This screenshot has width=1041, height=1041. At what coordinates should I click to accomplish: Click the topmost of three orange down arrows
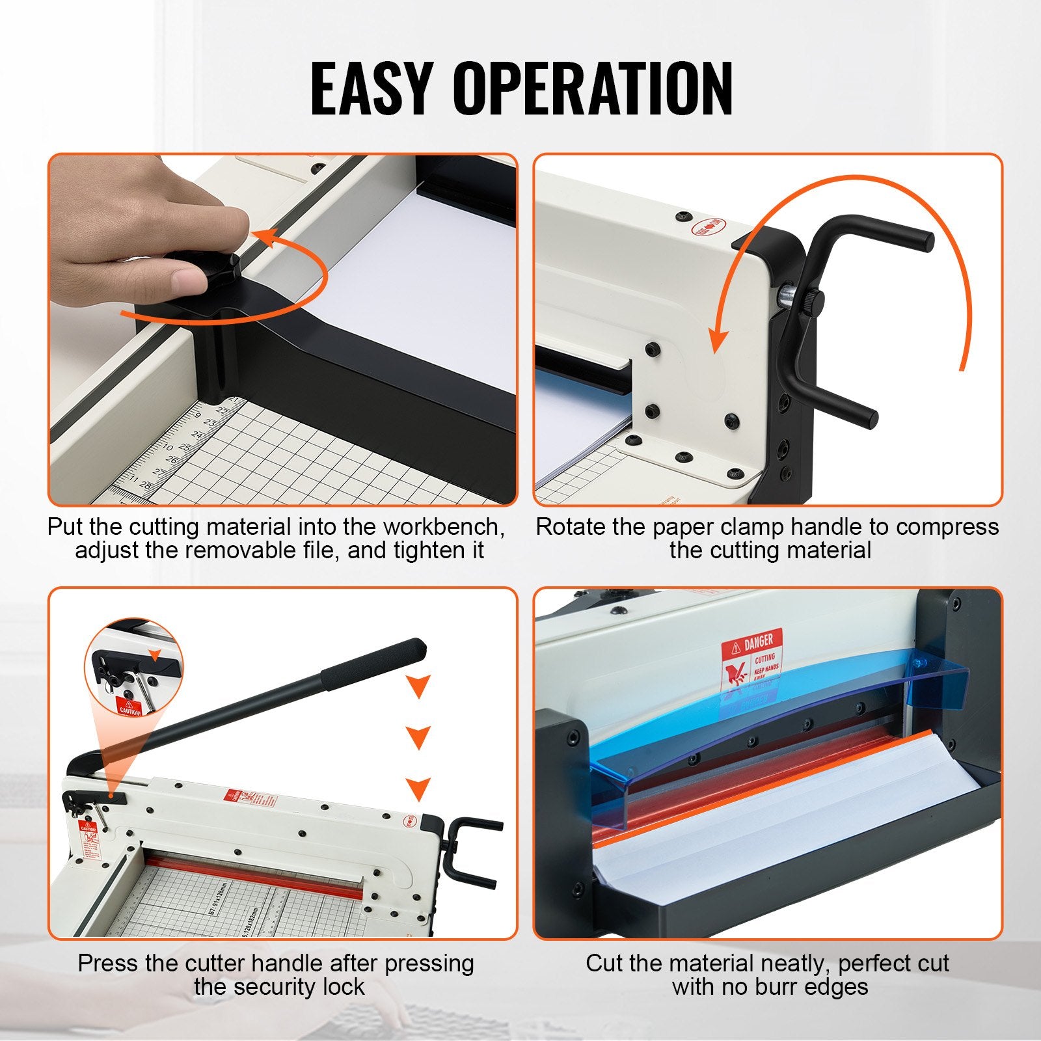(418, 685)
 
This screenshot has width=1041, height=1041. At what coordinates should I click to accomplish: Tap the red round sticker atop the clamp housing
(709, 228)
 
